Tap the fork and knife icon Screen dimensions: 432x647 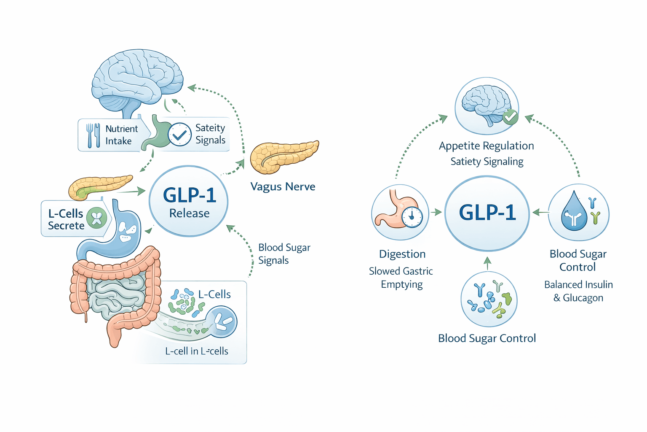coord(93,135)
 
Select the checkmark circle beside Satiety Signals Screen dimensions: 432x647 coord(180,135)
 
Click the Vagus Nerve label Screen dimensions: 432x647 coord(283,186)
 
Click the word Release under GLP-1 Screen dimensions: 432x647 coord(189,213)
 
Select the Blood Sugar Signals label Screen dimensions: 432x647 coord(284,254)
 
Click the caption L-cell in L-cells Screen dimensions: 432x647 coord(196,351)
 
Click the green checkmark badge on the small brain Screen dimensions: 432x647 coord(510,116)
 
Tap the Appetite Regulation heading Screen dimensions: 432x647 coord(486,146)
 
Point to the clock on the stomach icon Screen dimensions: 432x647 coord(412,217)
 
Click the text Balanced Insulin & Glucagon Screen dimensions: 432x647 coord(578,291)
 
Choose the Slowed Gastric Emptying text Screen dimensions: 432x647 coord(401,278)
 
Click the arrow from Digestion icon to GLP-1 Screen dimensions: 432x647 coord(436,212)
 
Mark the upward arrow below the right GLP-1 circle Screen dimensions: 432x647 coord(487,263)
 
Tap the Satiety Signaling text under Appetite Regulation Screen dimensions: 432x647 coord(487,162)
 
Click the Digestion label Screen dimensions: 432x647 coord(402,254)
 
